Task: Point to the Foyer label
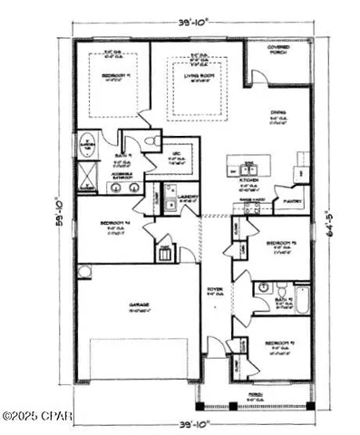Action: pos(211,290)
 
